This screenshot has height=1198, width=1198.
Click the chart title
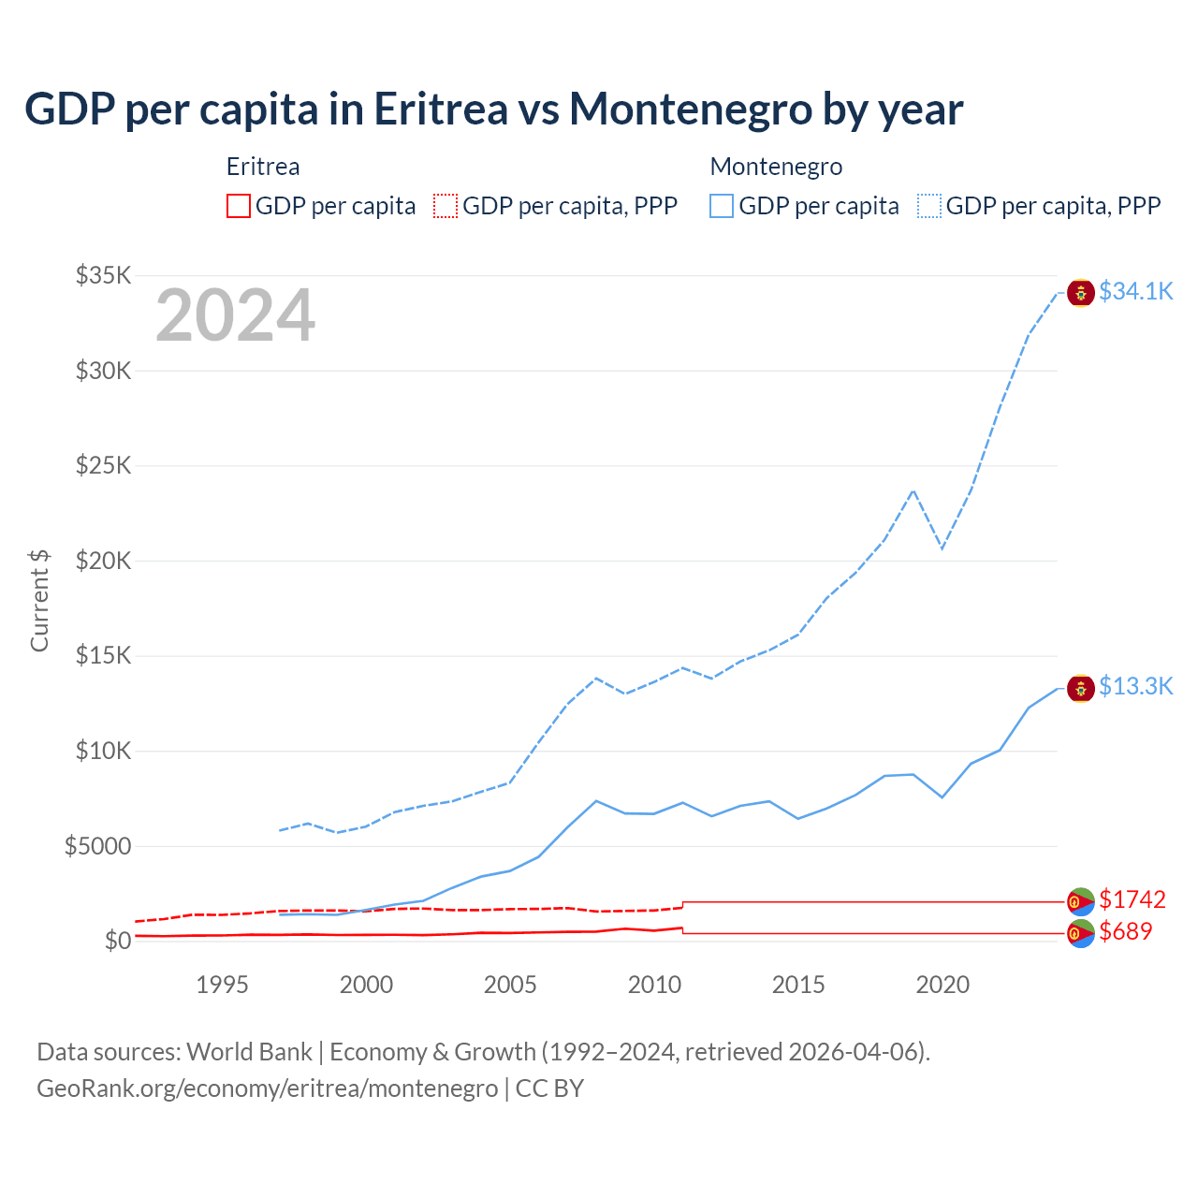pyautogui.click(x=493, y=110)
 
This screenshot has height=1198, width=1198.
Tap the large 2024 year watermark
pyautogui.click(x=235, y=316)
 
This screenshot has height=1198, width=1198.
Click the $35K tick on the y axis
pyautogui.click(x=104, y=275)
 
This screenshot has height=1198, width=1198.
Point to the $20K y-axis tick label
pyautogui.click(x=104, y=561)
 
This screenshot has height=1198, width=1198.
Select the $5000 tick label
pyautogui.click(x=97, y=846)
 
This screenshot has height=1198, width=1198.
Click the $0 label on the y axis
pyautogui.click(x=118, y=941)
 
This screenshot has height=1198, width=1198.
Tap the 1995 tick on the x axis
pyautogui.click(x=222, y=985)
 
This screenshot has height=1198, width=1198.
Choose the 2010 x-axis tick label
pyautogui.click(x=654, y=985)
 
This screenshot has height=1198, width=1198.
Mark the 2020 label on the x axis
pyautogui.click(x=942, y=985)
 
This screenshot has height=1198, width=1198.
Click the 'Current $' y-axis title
pyautogui.click(x=39, y=600)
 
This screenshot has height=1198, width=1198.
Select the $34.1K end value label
pyautogui.click(x=1135, y=292)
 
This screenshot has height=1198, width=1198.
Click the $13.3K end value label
pyautogui.click(x=1135, y=687)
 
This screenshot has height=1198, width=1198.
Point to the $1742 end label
pyautogui.click(x=1132, y=900)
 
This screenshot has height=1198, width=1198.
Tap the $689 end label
pyautogui.click(x=1126, y=932)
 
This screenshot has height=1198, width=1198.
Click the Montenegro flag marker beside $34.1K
pyautogui.click(x=1081, y=293)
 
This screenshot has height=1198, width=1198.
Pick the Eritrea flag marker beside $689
pyautogui.click(x=1081, y=933)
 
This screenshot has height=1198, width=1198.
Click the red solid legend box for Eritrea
pyautogui.click(x=239, y=206)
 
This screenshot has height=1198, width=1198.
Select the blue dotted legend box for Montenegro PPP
pyautogui.click(x=929, y=206)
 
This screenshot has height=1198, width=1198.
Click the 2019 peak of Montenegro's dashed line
pyautogui.click(x=913, y=490)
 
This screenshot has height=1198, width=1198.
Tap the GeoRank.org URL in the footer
pyautogui.click(x=267, y=1088)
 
